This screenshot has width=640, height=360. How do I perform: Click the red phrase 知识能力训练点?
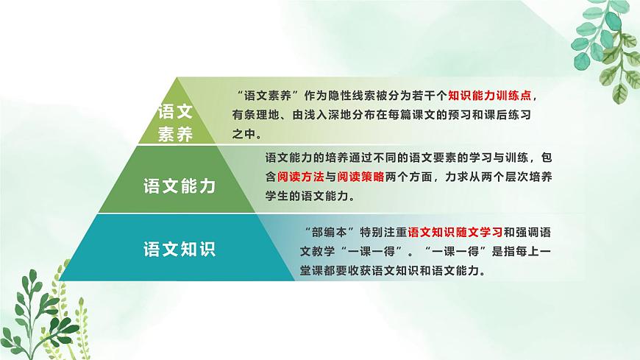coord(490,96)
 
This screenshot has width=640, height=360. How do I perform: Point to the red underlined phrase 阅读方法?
coord(296,177)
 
